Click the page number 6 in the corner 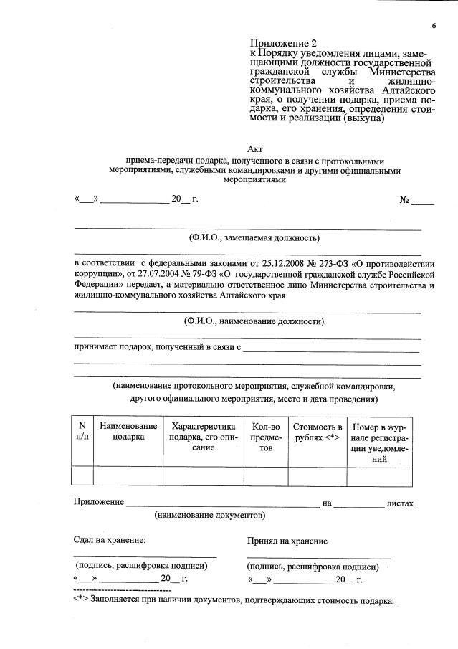(x=434, y=27)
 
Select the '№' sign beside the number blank (x=404, y=200)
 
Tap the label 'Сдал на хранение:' (x=110, y=540)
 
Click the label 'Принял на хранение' (x=287, y=541)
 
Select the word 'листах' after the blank (x=399, y=503)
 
